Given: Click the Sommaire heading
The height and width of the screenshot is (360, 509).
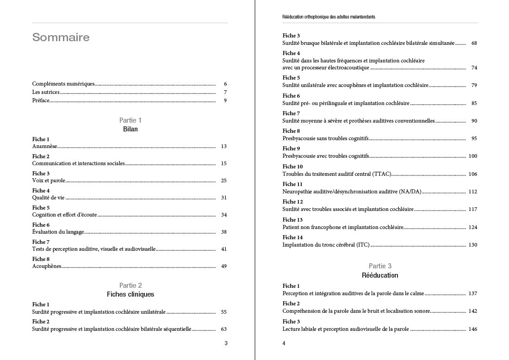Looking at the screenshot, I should click(61, 37).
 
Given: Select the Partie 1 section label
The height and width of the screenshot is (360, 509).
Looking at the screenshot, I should click(130, 120).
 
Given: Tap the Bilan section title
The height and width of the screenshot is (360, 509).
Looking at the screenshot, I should click(130, 129).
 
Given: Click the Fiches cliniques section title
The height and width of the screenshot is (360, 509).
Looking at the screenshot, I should click(130, 294).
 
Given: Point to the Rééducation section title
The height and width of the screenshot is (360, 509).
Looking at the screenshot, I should click(380, 275).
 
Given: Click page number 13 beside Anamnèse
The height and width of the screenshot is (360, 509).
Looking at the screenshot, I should click(224, 146).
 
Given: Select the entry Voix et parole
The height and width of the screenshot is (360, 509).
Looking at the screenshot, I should click(49, 180).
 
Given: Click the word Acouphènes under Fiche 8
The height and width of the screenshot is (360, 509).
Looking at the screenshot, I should click(47, 266).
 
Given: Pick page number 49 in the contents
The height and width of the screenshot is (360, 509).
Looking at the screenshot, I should click(224, 266).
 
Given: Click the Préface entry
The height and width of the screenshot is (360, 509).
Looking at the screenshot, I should click(41, 100).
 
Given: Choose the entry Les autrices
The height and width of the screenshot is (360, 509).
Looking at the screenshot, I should click(46, 92).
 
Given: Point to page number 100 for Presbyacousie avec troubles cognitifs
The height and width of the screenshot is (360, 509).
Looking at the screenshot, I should click(472, 156).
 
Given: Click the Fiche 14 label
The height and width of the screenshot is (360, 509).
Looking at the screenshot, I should click(292, 237).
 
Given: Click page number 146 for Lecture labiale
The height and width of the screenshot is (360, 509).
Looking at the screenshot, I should click(472, 329).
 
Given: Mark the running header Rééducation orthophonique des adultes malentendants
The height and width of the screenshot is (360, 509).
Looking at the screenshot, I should click(329, 17).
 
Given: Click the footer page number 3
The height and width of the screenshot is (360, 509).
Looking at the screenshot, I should click(226, 343).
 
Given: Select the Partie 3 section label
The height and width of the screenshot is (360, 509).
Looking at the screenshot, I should click(380, 266).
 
